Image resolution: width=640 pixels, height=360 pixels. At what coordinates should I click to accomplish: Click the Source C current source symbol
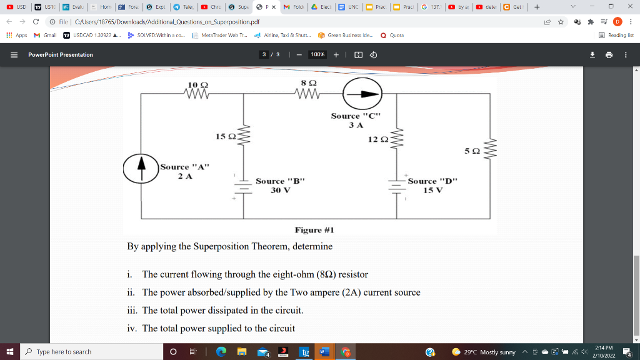pyautogui.click(x=362, y=94)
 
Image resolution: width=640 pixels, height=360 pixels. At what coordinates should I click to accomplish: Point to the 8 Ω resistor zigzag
pyautogui.click(x=308, y=95)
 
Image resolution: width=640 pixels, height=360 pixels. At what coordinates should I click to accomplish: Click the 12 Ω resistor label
pyautogui.click(x=377, y=139)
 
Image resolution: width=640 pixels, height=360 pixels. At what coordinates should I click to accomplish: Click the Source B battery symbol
pyautogui.click(x=243, y=187)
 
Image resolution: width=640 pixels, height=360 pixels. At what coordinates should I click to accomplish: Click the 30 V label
pyautogui.click(x=280, y=190)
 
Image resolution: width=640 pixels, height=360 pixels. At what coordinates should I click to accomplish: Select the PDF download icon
pyautogui.click(x=592, y=54)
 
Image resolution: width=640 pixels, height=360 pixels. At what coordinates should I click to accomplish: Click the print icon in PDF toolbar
pyautogui.click(x=609, y=54)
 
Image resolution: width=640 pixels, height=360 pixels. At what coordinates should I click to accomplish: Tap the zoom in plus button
pyautogui.click(x=336, y=54)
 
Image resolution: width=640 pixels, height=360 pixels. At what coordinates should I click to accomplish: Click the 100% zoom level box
pyautogui.click(x=317, y=54)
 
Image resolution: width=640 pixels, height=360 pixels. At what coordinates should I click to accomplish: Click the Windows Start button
pyautogui.click(x=10, y=352)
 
